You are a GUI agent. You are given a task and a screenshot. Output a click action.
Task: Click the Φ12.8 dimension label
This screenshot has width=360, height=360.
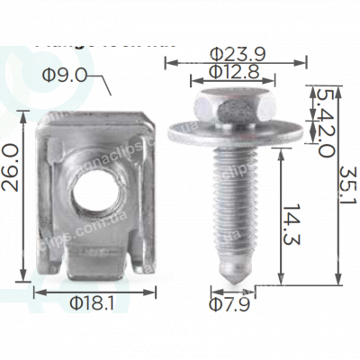coord(232,71)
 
